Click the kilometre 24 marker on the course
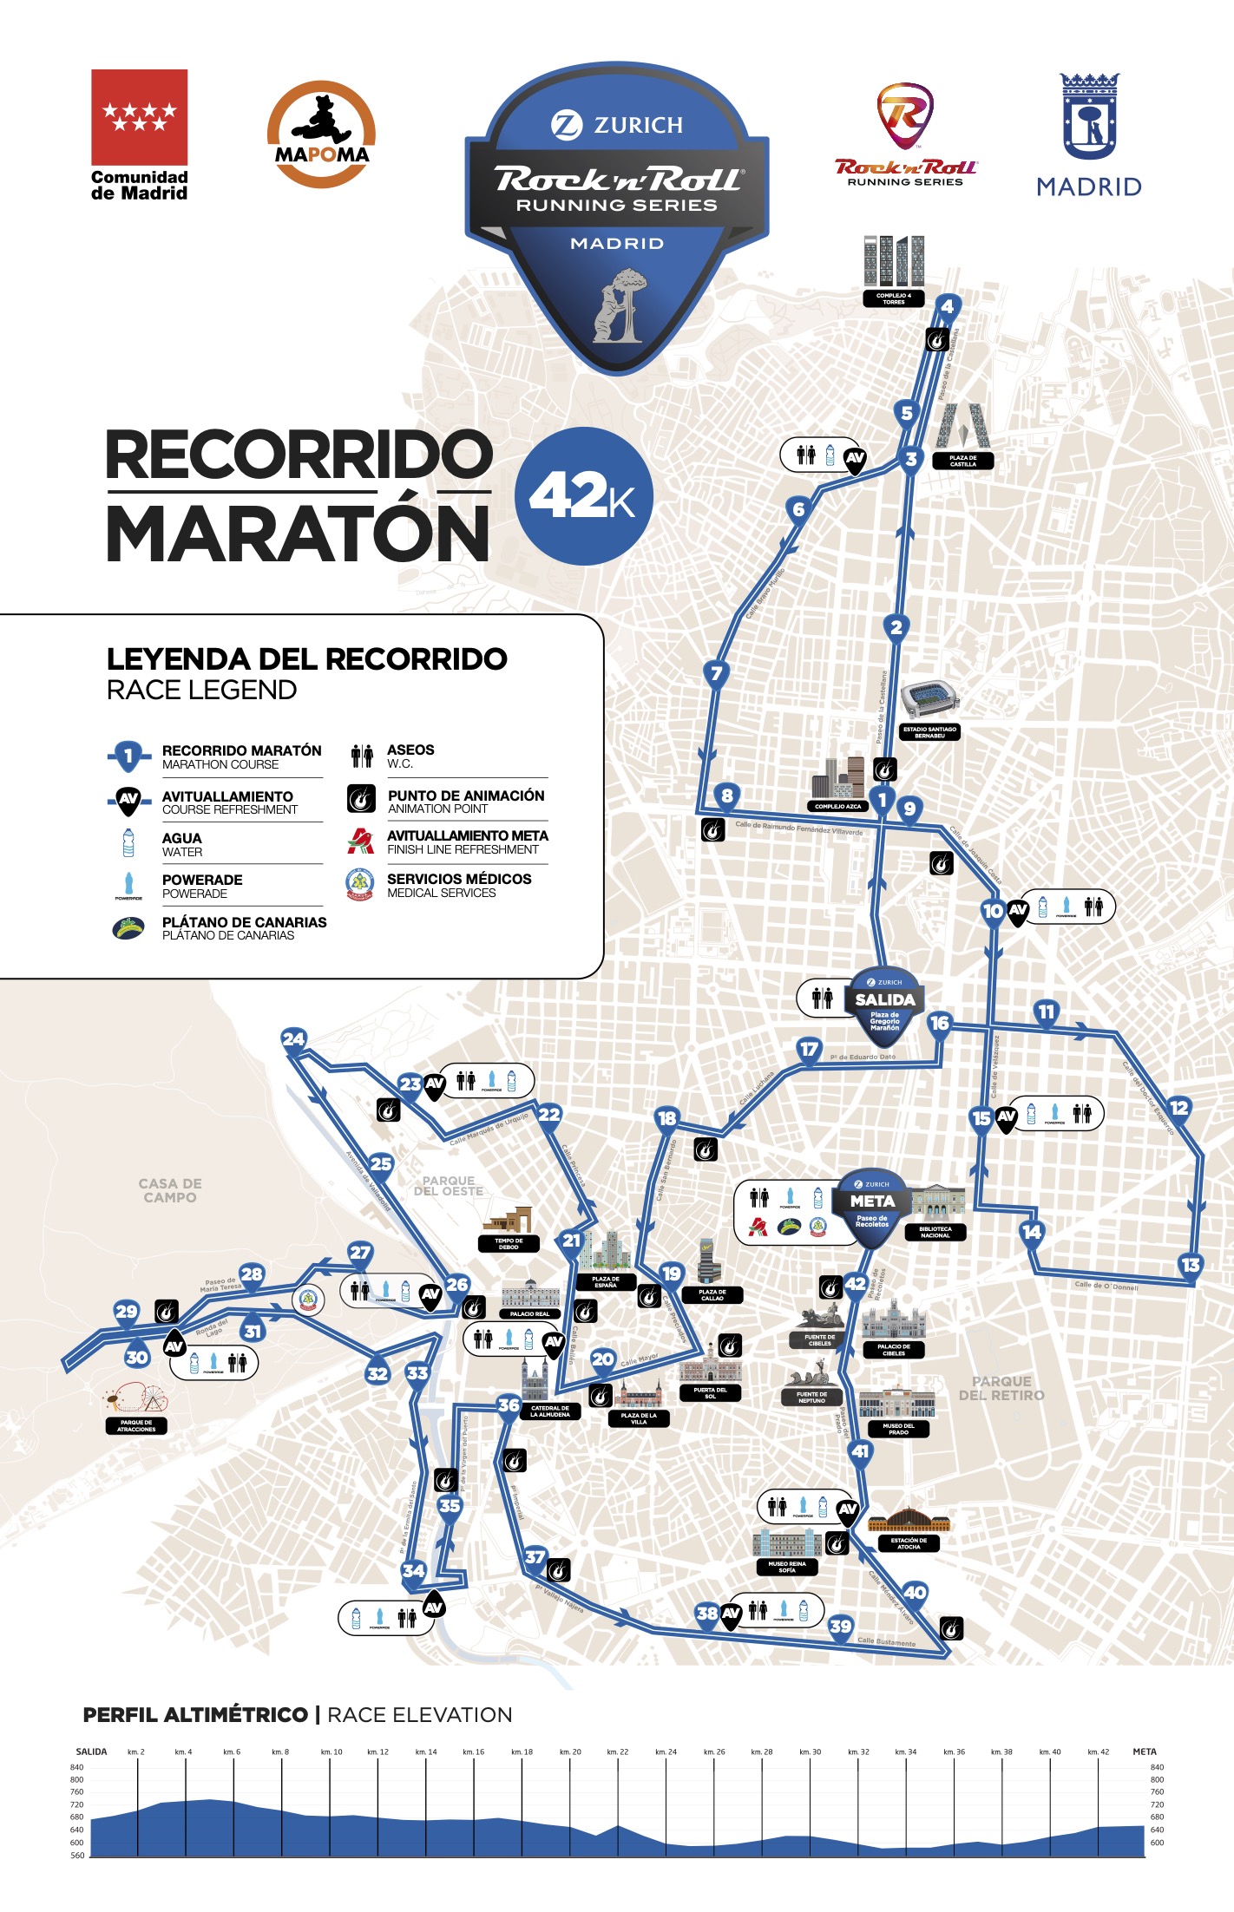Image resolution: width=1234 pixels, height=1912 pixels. [x=293, y=1038]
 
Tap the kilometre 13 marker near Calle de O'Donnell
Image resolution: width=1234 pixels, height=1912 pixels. [x=1191, y=1264]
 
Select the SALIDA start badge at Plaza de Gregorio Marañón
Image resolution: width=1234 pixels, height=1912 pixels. [x=884, y=1004]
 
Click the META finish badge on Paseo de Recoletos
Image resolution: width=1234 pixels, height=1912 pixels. [x=872, y=1205]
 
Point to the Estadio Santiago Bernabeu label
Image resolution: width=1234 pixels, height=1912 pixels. [x=929, y=732]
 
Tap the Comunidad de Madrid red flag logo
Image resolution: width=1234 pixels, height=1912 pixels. [x=139, y=117]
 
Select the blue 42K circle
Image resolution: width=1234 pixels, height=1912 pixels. [x=583, y=496]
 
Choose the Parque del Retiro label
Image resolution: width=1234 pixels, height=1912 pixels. [x=1001, y=1388]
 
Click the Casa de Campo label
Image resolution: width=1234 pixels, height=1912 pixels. [x=170, y=1190]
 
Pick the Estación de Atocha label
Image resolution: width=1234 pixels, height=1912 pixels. [x=909, y=1543]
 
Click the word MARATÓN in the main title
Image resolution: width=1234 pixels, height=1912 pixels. [x=298, y=533]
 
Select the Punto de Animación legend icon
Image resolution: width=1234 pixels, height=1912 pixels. [x=361, y=798]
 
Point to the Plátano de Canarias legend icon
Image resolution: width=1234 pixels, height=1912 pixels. [x=128, y=928]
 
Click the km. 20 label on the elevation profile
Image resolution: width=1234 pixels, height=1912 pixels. [x=570, y=1752]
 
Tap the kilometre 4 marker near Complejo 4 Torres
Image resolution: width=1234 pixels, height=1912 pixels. [x=947, y=306]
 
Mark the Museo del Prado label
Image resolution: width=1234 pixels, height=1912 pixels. [x=898, y=1429]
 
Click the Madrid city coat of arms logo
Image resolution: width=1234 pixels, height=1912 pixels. [x=1089, y=117]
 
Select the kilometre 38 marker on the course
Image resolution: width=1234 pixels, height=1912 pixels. [x=707, y=1613]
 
